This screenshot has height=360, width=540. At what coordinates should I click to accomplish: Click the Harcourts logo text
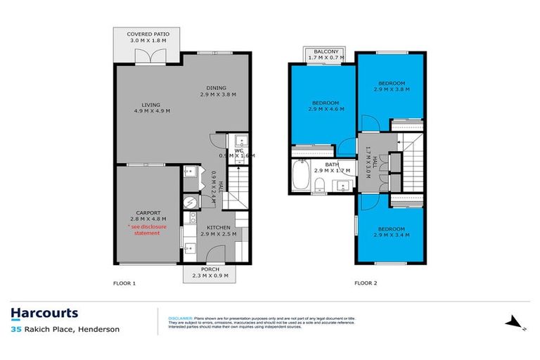(44, 314)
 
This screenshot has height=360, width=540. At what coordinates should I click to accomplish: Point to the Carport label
(148, 212)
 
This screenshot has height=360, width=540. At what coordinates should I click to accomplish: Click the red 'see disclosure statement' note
(143, 230)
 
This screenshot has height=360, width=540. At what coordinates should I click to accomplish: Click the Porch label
(210, 269)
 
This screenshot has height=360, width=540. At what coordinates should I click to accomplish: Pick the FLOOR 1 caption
(124, 284)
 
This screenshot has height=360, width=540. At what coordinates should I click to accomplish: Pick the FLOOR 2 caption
(366, 284)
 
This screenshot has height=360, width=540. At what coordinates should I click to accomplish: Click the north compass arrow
(515, 323)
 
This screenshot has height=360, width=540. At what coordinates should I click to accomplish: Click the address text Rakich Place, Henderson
(71, 329)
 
